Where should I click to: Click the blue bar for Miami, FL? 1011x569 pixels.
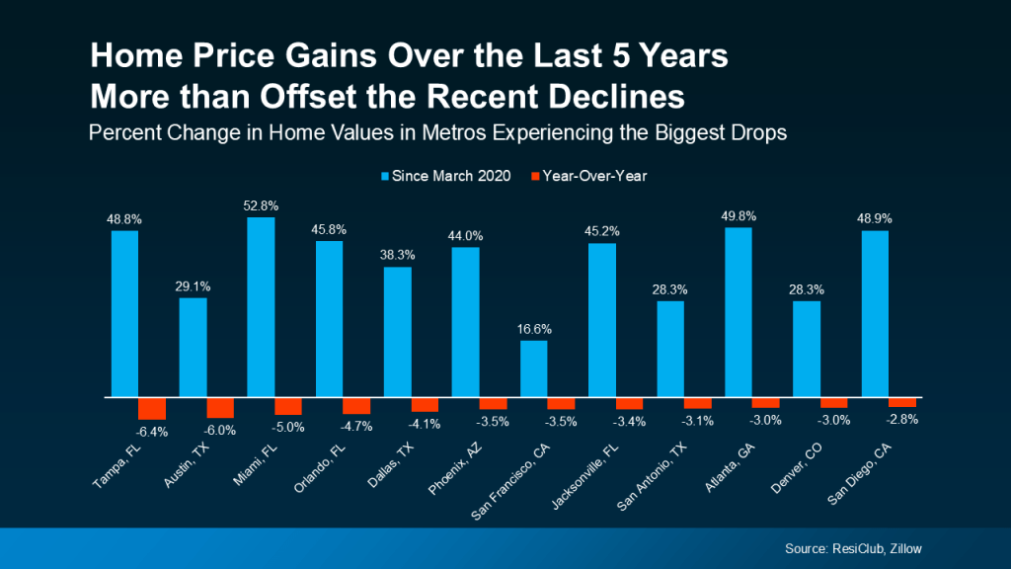[x=261, y=307]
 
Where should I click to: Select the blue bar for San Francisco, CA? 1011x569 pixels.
[x=533, y=368]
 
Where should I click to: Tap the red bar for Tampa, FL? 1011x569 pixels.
[x=152, y=408]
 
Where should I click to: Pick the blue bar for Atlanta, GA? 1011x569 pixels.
[x=739, y=312]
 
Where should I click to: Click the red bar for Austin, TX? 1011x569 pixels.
[x=220, y=407]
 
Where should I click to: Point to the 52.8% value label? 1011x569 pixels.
[x=262, y=206]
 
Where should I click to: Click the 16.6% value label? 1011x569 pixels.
[x=534, y=329]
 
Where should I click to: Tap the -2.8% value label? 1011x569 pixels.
[x=904, y=419]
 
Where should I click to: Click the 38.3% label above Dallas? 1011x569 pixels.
[x=398, y=255]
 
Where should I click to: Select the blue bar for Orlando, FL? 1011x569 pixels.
[x=329, y=319]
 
